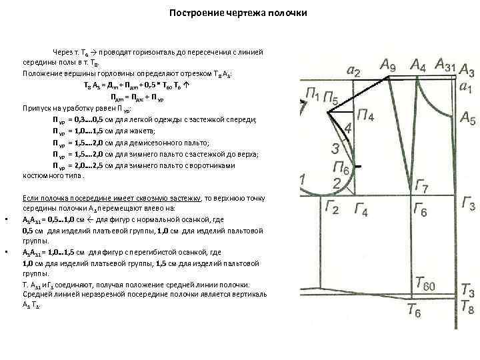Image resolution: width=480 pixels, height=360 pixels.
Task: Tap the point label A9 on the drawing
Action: tap(388, 65)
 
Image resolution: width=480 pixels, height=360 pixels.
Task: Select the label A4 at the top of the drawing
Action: tap(419, 65)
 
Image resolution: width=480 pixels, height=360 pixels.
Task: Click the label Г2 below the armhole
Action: tap(333, 209)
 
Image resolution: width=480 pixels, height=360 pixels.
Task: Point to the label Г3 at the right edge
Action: tap(467, 205)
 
